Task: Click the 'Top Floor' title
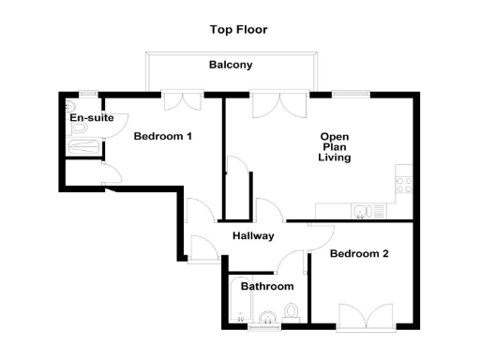tap(238, 29)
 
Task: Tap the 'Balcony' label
tap(230, 65)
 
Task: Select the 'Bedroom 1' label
tap(162, 137)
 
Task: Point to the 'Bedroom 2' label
tap(359, 254)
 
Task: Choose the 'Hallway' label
tap(253, 235)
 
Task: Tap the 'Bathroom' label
tap(267, 286)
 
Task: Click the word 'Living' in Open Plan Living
tap(335, 157)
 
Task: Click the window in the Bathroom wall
tap(262, 328)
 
